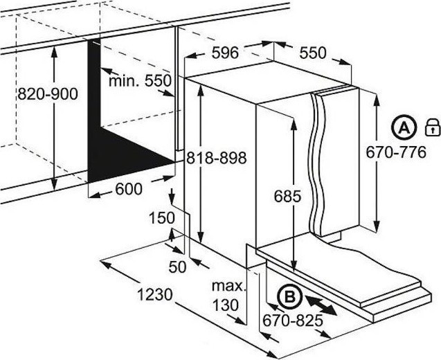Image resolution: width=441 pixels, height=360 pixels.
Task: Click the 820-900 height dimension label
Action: pos(48,93)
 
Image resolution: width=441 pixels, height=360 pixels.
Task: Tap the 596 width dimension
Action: pos(225,53)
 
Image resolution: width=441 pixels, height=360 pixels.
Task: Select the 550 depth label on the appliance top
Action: pos(313,53)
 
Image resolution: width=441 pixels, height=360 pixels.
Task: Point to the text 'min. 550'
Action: pos(140,81)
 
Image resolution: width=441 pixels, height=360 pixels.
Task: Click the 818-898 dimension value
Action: pos(217,158)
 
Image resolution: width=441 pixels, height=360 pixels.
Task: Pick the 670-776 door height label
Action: pos(396,153)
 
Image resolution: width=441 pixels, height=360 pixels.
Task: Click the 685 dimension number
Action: pos(287,196)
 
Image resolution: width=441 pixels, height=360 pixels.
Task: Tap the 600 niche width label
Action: pos(129,189)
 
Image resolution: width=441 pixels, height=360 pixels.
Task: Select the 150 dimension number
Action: pos(162,218)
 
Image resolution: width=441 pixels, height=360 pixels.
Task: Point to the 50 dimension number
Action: pos(177,267)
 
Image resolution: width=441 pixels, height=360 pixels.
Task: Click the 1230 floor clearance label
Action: pos(154,295)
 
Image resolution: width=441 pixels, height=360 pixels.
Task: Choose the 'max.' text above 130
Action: pos(229,286)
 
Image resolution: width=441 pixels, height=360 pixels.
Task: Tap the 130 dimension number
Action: pos(225,305)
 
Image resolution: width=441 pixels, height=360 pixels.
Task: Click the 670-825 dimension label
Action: pos(292,321)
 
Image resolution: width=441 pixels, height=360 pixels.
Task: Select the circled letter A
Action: pos(404,128)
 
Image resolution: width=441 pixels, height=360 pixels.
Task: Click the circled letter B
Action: pos(289,297)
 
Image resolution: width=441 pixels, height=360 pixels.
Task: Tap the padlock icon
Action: pos(432,127)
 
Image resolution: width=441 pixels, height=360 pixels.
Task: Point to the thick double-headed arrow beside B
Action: pos(321,305)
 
